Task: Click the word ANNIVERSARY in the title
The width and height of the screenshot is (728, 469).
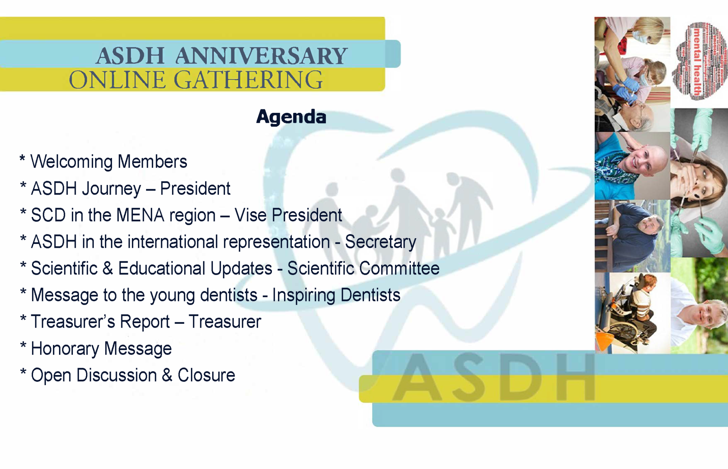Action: point(261,56)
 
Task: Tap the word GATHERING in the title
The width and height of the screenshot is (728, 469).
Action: point(248,80)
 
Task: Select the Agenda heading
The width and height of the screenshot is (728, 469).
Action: point(291,117)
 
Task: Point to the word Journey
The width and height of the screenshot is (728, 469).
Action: point(111,189)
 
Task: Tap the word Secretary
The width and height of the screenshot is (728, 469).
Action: point(380,242)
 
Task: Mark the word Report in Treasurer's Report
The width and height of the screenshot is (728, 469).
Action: point(145,322)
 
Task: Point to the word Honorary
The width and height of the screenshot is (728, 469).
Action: point(65,349)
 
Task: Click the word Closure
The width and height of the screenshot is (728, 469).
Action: point(206,375)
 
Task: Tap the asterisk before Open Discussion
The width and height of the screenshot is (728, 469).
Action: point(23,373)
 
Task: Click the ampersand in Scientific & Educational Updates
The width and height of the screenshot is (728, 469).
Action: point(108,268)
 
